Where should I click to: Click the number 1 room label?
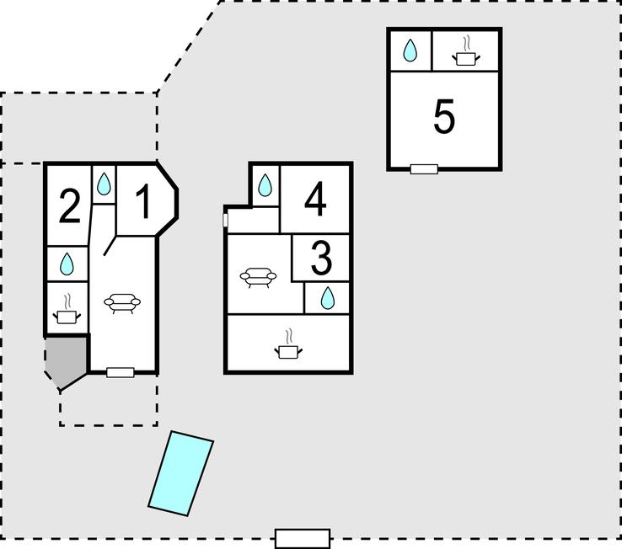(144, 202)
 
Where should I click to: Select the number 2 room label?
(69, 206)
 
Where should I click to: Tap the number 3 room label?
(321, 259)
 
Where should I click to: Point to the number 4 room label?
(315, 200)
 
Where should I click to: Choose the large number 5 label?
(444, 117)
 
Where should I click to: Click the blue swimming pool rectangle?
(180, 472)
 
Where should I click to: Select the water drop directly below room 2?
(67, 264)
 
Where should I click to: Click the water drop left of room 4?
(265, 185)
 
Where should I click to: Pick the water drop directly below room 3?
(328, 297)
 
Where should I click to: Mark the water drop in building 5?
(410, 51)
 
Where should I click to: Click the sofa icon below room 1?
(121, 303)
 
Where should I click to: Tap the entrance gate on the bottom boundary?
(303, 538)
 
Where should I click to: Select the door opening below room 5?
(424, 169)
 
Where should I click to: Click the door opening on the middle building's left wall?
(226, 220)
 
